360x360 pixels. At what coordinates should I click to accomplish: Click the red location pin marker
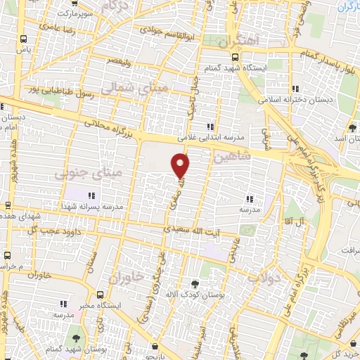tap(181, 165)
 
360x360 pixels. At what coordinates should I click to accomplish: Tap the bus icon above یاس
tap(25, 39)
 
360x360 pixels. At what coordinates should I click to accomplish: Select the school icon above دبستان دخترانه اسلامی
tap(295, 89)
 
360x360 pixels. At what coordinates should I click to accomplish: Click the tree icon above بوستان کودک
tap(195, 284)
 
